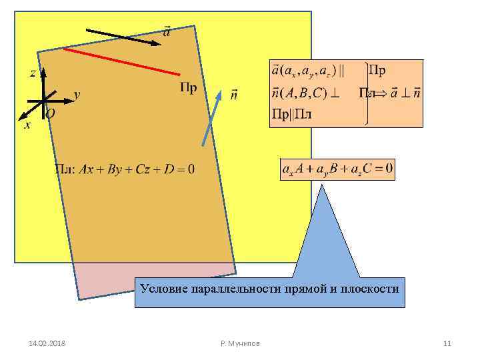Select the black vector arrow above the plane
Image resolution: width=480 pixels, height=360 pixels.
(123, 36)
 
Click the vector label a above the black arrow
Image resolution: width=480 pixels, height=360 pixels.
(166, 31)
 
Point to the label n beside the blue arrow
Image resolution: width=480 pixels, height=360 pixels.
(233, 95)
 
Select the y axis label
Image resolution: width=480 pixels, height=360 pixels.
(77, 95)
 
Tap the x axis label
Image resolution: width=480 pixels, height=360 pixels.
(27, 125)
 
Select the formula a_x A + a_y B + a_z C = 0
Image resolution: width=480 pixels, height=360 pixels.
(337, 170)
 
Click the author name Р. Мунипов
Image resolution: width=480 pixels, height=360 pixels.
(240, 343)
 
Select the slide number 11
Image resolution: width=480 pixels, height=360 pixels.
(447, 343)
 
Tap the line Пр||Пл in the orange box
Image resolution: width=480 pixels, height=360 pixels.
(292, 114)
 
